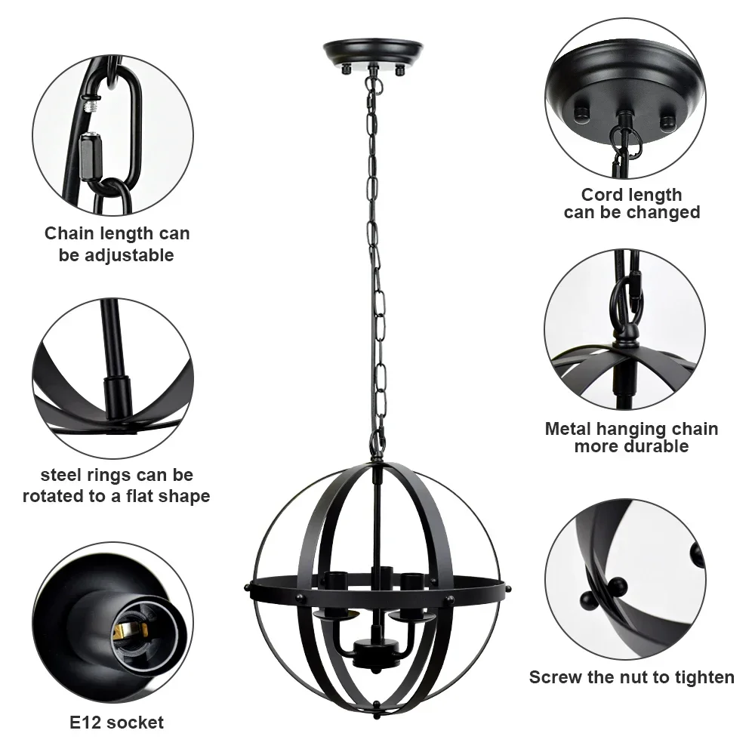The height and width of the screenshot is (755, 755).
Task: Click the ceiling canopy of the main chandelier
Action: point(373,55)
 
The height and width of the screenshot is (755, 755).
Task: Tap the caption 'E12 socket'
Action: point(116,723)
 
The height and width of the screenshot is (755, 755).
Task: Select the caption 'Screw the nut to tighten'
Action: point(631,677)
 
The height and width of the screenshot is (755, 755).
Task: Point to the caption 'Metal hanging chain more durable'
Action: point(631,438)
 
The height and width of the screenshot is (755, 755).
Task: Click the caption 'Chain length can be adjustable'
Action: point(117,244)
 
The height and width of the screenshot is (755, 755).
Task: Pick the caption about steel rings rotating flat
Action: point(116,485)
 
